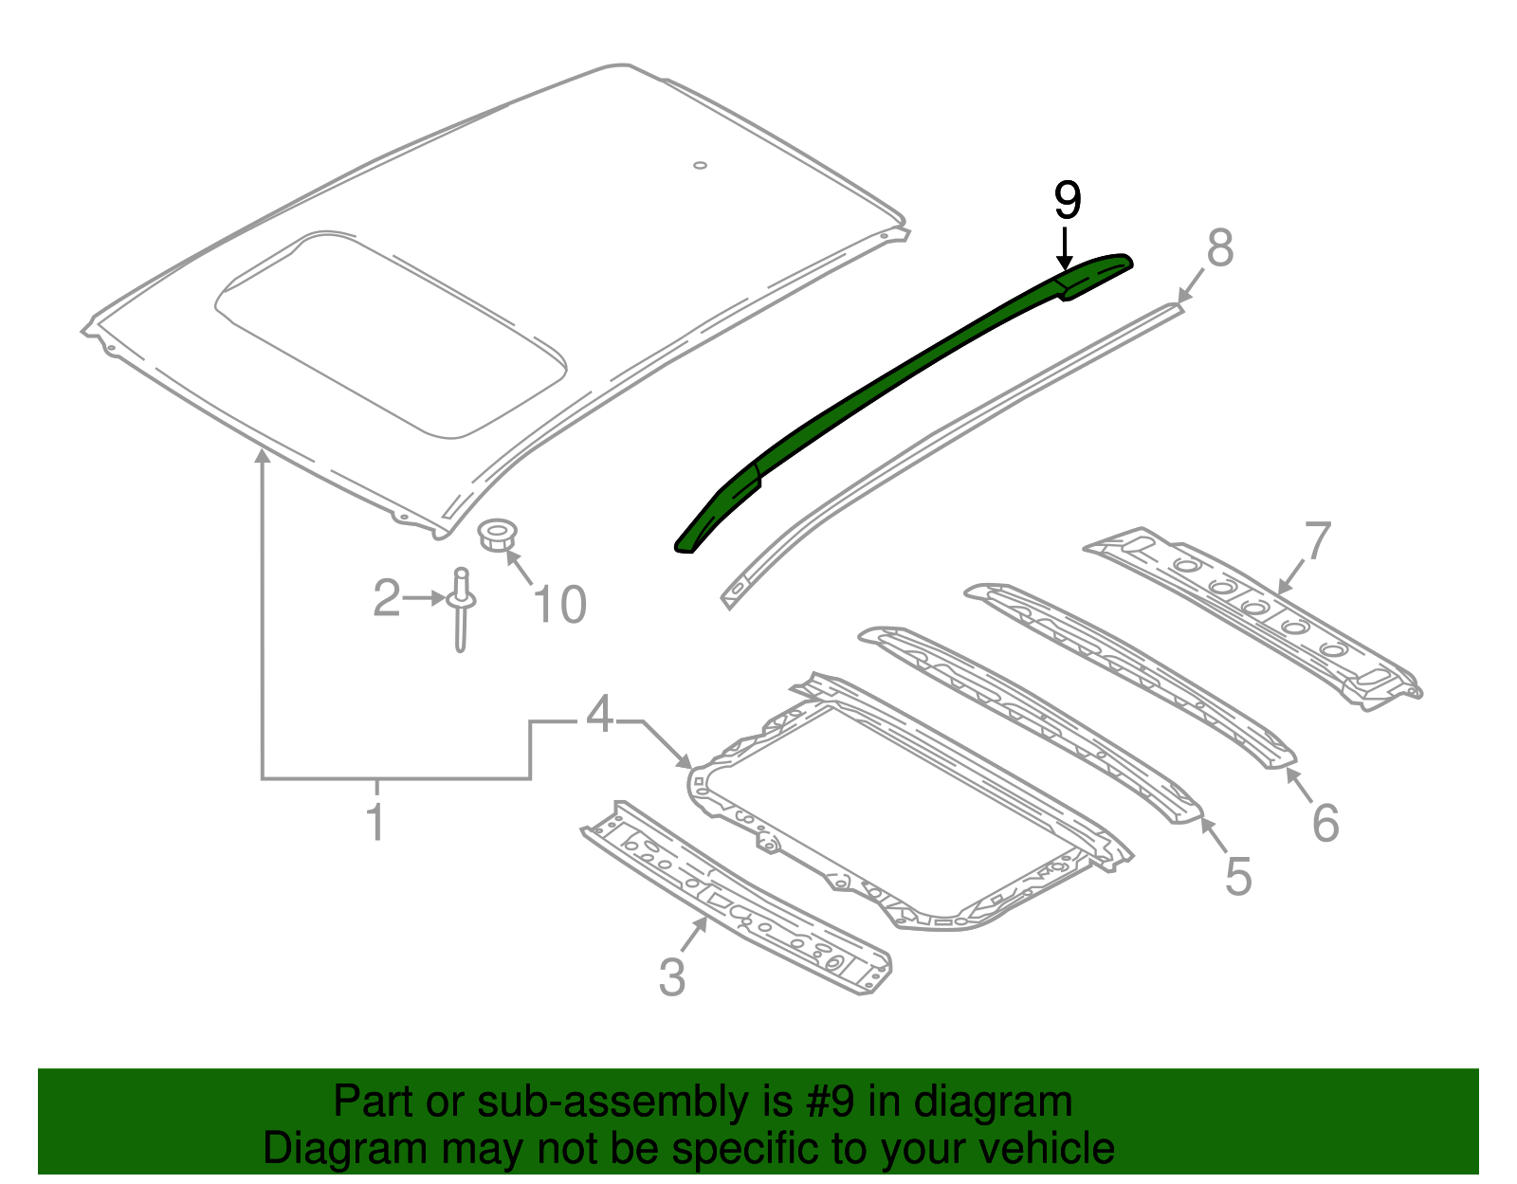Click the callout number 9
click(x=1067, y=201)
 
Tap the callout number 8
click(x=1219, y=248)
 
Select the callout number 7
click(x=1318, y=542)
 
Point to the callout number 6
click(x=1325, y=822)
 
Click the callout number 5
click(x=1237, y=876)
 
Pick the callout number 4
click(x=600, y=715)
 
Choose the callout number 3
click(x=671, y=977)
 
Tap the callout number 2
click(x=386, y=598)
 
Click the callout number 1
click(x=376, y=822)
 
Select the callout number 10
click(x=560, y=605)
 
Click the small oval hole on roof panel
click(x=700, y=166)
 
